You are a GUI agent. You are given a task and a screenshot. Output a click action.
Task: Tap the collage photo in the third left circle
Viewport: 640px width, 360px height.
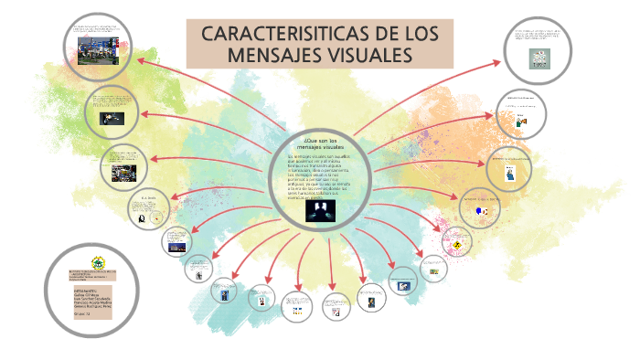point(122,171)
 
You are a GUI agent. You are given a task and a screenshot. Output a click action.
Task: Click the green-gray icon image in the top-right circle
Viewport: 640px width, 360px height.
point(540,57)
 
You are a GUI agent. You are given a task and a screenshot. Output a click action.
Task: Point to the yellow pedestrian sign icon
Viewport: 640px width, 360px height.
point(455,244)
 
